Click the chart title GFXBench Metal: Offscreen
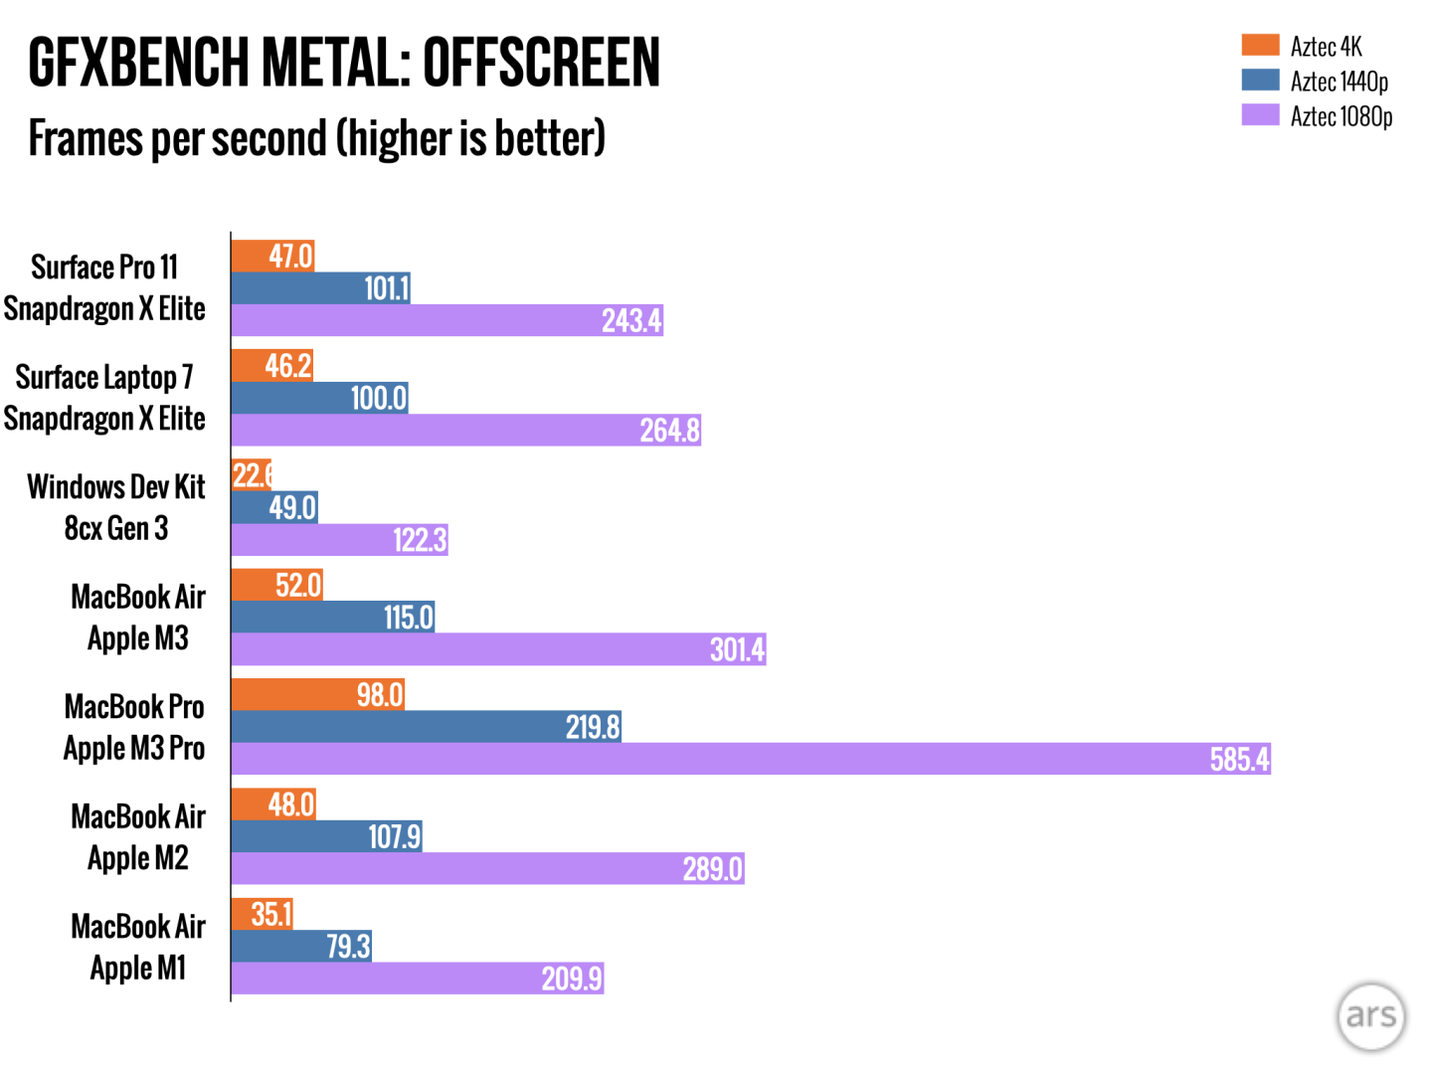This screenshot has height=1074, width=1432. click(344, 63)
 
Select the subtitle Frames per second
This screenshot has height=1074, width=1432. click(316, 138)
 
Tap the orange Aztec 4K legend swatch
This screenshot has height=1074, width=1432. click(1260, 45)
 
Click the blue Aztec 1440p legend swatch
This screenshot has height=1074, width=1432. click(1260, 80)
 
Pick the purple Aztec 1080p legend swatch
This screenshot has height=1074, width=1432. click(1260, 114)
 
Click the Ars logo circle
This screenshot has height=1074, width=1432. click(1371, 1016)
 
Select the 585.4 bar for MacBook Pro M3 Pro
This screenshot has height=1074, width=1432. click(751, 759)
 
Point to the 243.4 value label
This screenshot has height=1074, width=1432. click(631, 320)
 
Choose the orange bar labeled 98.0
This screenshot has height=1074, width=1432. click(317, 694)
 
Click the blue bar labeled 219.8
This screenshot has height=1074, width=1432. click(426, 727)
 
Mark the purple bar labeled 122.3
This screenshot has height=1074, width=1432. click(339, 540)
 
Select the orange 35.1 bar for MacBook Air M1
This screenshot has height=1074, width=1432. click(262, 914)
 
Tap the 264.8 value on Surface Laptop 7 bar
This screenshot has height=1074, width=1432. click(669, 431)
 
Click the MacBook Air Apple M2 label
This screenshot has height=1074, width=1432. click(138, 836)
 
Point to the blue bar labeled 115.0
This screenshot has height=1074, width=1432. click(332, 618)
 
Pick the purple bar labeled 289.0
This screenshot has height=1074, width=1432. click(487, 869)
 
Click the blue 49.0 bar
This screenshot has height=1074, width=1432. click(273, 508)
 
